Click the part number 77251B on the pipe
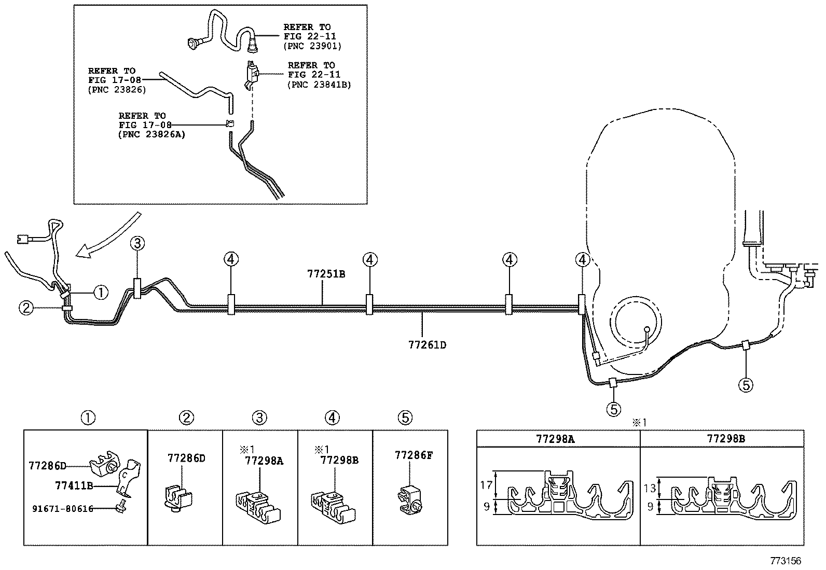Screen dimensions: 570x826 coord(326,274)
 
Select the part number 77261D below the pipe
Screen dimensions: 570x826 coord(427,344)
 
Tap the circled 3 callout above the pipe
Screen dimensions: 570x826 coord(136,242)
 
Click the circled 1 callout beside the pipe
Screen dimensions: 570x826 coord(101,293)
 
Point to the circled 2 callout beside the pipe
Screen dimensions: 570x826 coord(26,308)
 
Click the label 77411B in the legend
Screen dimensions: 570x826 coord(74,485)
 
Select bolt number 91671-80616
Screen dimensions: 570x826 coord(62,509)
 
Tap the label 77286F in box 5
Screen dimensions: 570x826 coord(414,455)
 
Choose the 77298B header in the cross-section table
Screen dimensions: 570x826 coord(726,439)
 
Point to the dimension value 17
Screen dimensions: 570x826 coord(486,485)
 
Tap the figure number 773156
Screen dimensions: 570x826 coord(786,561)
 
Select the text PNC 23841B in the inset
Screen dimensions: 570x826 coord(319,84)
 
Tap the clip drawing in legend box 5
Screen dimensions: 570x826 coord(411,498)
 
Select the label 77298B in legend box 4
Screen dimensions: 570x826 coord(339,460)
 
